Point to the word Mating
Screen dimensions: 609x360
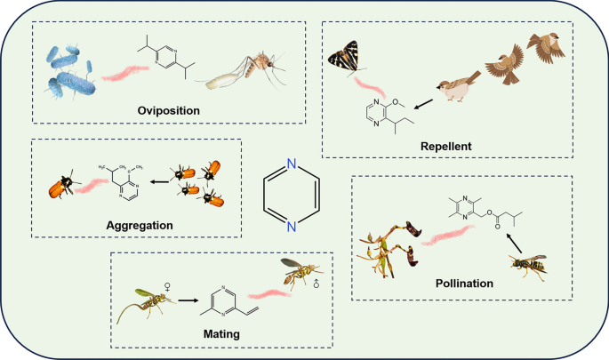click(221, 333)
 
